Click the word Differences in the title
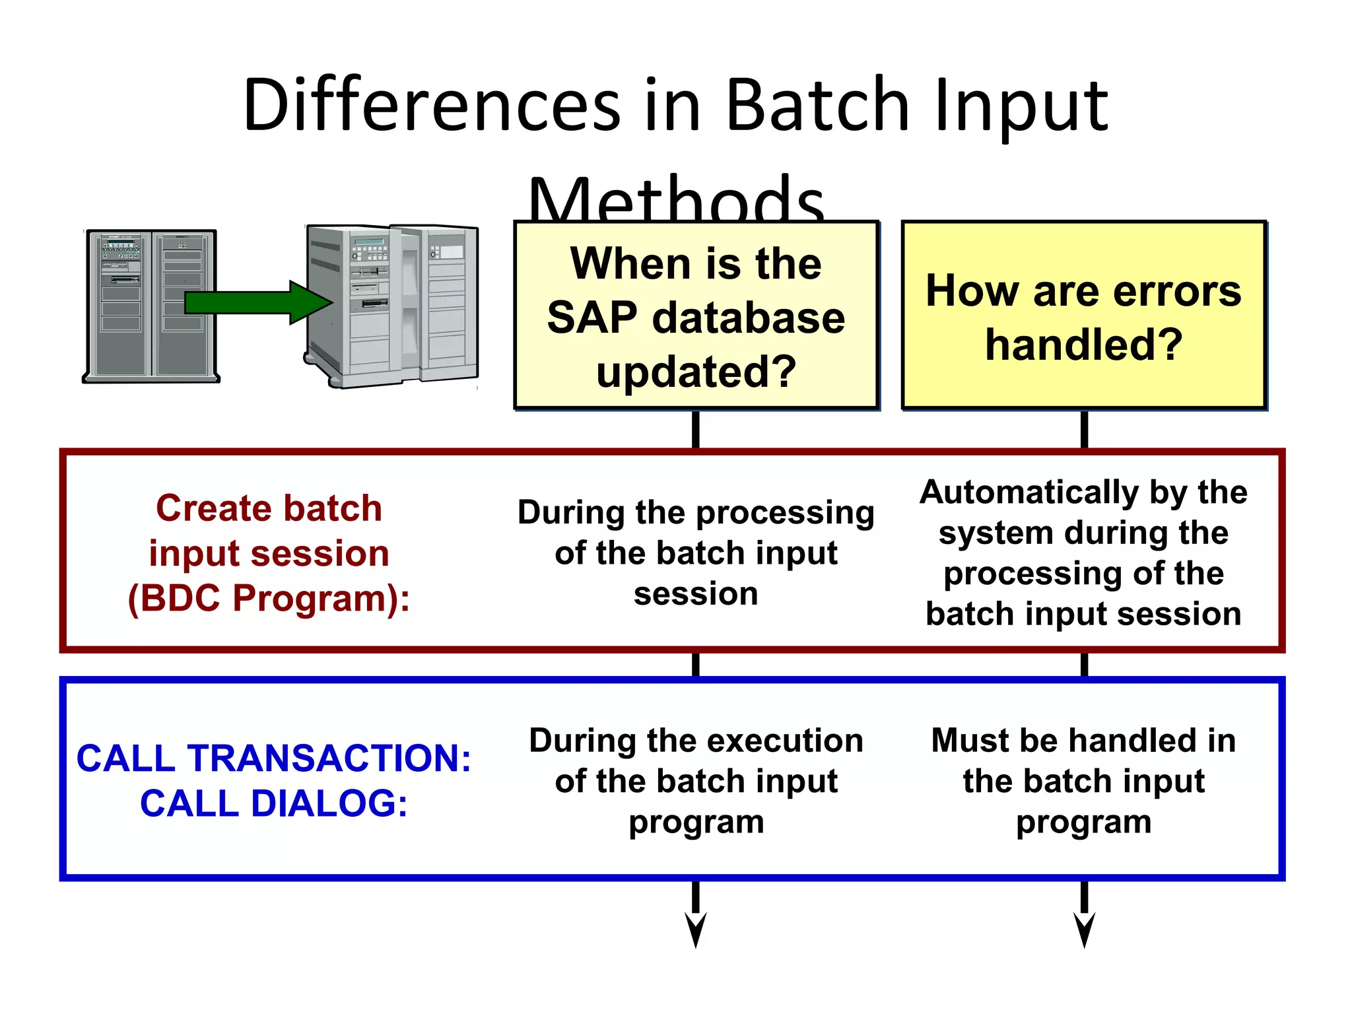(x=432, y=104)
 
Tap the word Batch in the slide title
(x=817, y=104)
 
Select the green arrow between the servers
(x=257, y=302)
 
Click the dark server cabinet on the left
(x=151, y=306)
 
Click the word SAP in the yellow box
(x=591, y=318)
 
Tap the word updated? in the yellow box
(x=696, y=371)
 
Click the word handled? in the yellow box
(x=1083, y=345)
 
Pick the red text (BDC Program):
(x=269, y=598)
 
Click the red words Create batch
(x=269, y=508)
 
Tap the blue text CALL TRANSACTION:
(x=273, y=758)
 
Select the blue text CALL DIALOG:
(x=273, y=803)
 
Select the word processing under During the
(x=785, y=514)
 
